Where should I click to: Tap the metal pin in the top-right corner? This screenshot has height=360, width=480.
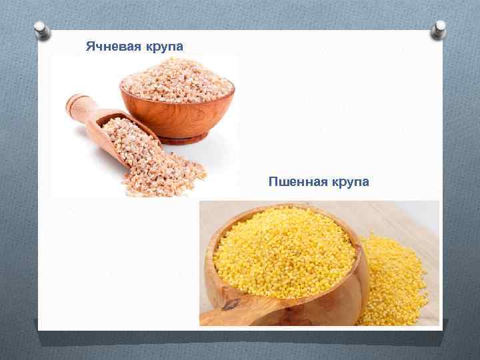pyautogui.click(x=439, y=29)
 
